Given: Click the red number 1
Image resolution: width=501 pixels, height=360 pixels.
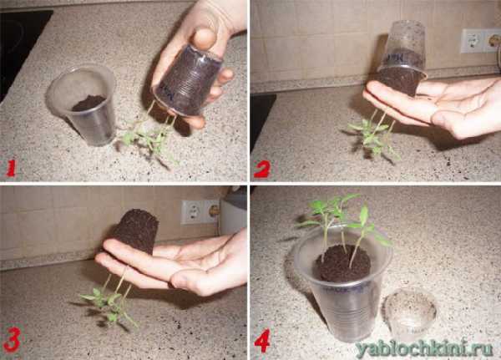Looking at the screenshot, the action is tap(11, 169).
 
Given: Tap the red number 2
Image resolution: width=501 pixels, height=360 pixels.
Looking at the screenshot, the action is tap(261, 169).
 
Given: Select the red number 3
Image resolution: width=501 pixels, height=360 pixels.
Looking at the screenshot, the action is tap(13, 340).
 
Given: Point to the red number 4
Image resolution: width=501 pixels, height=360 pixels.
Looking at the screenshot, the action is tap(262, 341).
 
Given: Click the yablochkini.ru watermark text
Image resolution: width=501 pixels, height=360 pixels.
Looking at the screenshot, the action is tap(425, 348).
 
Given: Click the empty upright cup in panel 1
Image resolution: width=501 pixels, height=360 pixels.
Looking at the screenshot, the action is tap(82, 104).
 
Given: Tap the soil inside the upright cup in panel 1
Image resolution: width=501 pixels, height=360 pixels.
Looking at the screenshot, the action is tap(89, 103).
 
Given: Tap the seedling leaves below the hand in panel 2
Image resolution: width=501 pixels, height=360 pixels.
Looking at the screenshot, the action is tap(372, 138).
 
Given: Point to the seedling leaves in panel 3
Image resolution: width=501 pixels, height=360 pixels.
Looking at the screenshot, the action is tap(107, 307).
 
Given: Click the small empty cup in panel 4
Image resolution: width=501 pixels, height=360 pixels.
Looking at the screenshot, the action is tap(410, 313).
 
